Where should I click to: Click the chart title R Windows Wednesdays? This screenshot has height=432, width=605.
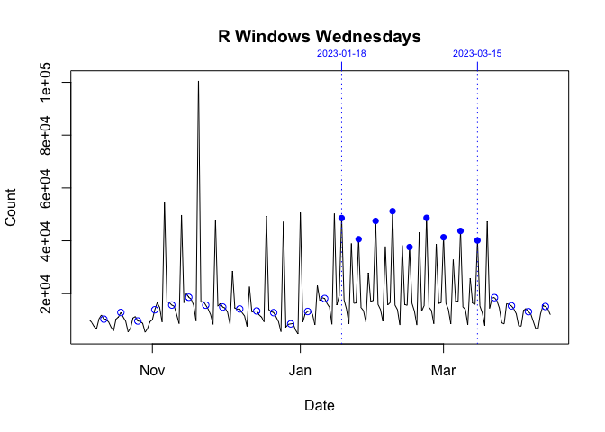pyautogui.click(x=320, y=37)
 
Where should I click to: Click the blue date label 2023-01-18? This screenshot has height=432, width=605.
pyautogui.click(x=341, y=54)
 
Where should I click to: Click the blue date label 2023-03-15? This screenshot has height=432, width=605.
pyautogui.click(x=477, y=54)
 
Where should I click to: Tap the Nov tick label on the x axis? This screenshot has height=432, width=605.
pyautogui.click(x=152, y=370)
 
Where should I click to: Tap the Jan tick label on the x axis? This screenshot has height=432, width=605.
pyautogui.click(x=300, y=370)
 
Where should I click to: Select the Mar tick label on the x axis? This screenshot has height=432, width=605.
pyautogui.click(x=444, y=370)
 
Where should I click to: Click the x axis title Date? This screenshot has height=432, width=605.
pyautogui.click(x=320, y=406)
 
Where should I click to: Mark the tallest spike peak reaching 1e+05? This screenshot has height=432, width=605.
pyautogui.click(x=198, y=82)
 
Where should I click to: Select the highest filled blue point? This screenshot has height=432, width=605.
pyautogui.click(x=393, y=211)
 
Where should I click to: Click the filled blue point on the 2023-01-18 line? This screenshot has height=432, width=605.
pyautogui.click(x=341, y=218)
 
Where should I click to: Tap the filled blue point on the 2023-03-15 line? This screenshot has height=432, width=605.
pyautogui.click(x=477, y=240)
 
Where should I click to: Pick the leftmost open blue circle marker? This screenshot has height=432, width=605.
pyautogui.click(x=104, y=319)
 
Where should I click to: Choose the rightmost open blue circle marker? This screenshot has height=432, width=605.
pyautogui.click(x=546, y=306)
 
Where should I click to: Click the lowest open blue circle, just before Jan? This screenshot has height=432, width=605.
pyautogui.click(x=290, y=324)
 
